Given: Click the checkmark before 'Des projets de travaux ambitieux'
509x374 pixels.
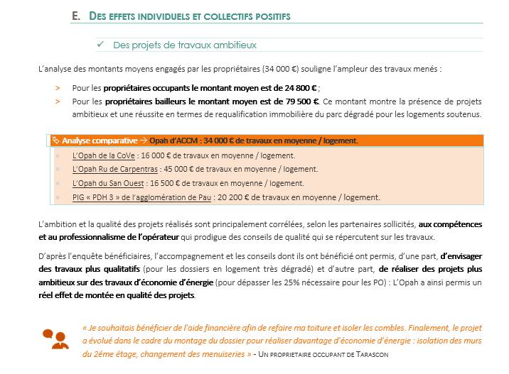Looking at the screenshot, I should (x=100, y=45).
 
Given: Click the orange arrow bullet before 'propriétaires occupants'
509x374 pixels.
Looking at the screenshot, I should (x=58, y=88).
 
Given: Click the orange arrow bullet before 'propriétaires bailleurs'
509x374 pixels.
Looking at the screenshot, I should (x=58, y=101).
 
